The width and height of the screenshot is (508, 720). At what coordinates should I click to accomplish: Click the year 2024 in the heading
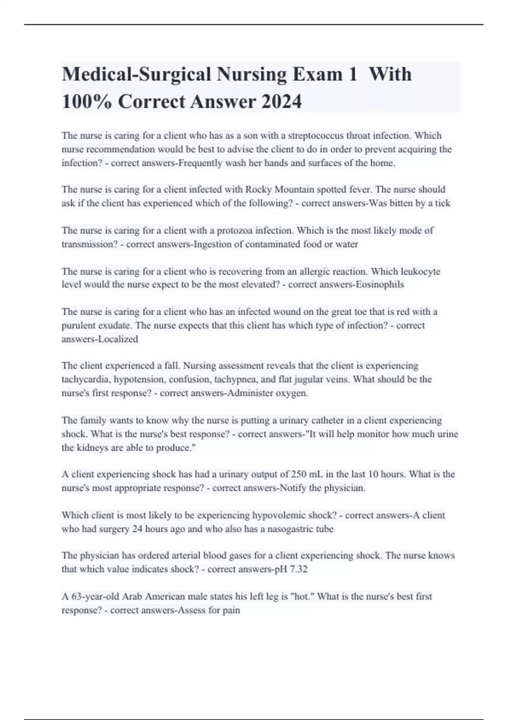pos(281,102)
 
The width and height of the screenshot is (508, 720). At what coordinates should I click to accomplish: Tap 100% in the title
pos(87,102)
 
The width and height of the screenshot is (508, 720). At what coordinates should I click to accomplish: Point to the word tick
pos(442,203)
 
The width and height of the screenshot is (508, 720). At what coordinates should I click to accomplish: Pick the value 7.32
pos(298,569)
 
